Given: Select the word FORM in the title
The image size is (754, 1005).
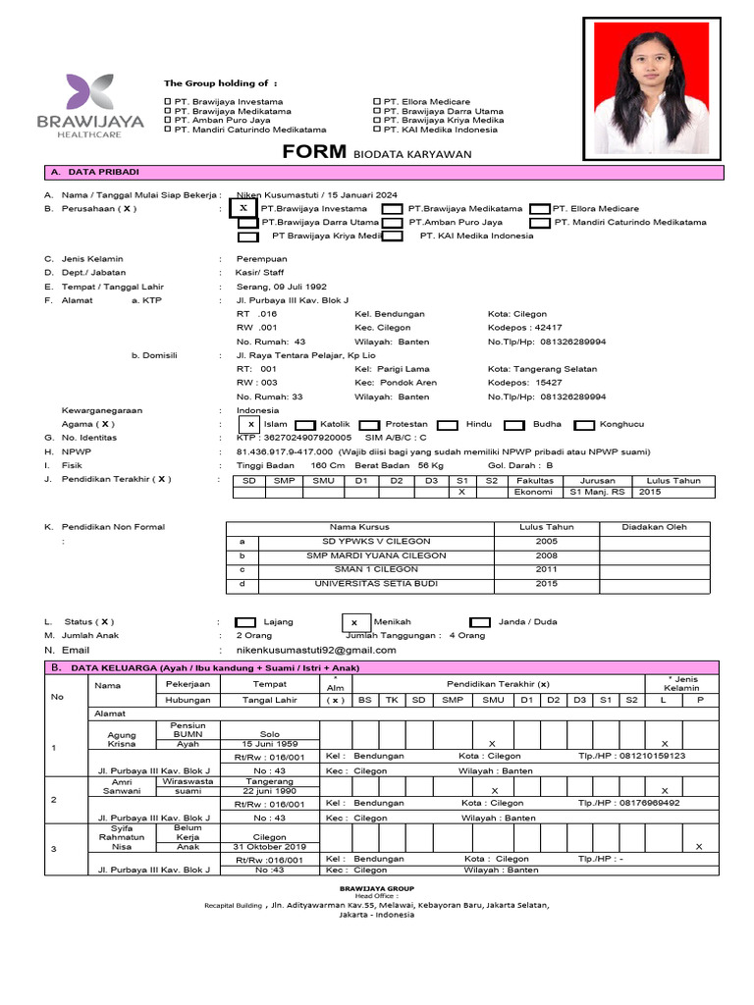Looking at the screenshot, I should tap(315, 152).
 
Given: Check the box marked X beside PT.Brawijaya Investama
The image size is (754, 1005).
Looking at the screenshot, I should tap(242, 208).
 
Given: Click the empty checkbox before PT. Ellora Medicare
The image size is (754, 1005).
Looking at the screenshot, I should tap(539, 208).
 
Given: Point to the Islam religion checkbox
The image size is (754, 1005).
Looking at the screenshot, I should tap(252, 424).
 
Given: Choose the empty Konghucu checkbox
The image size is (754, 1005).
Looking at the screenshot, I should tap(585, 425).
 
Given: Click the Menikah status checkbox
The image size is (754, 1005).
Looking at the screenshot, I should tap(354, 622).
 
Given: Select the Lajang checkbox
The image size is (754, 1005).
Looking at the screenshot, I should tap(246, 622).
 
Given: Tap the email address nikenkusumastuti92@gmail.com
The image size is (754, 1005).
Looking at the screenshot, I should tap(316, 650).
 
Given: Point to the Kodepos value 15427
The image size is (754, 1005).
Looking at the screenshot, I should tap(550, 383).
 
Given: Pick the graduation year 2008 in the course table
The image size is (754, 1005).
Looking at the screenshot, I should tap(547, 555).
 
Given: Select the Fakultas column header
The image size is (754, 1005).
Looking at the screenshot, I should tap(534, 480).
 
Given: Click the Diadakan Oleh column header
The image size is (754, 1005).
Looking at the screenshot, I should tap(655, 527).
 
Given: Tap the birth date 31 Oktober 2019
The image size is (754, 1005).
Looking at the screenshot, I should tap(270, 846).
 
